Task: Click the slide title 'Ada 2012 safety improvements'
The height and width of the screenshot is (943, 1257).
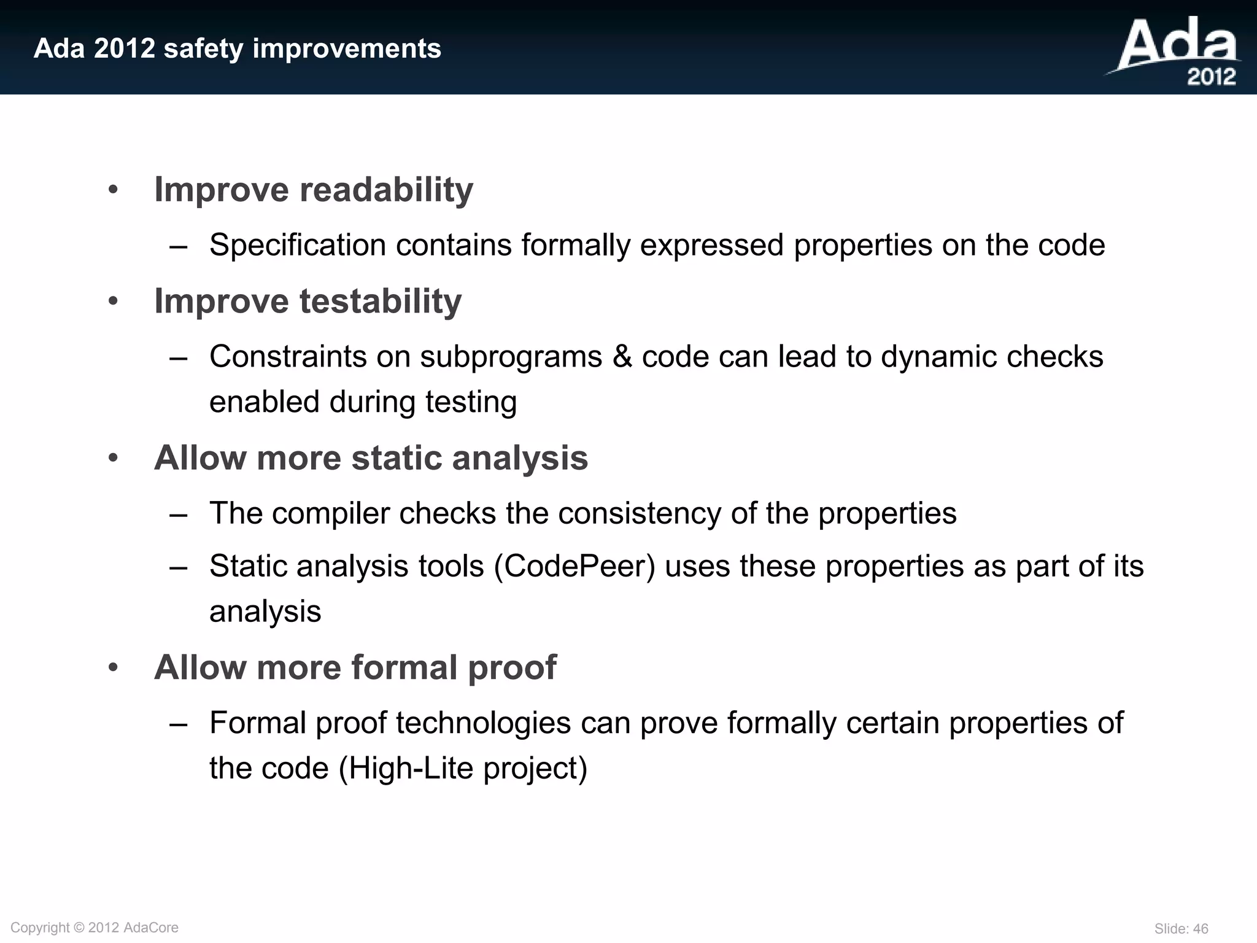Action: pos(237,49)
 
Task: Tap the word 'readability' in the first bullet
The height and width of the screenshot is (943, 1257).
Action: pos(386,190)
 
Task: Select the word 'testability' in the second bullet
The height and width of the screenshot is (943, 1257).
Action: pos(381,301)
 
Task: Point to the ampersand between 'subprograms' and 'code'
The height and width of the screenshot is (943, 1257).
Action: pos(622,357)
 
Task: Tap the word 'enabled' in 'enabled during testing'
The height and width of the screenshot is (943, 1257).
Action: pos(265,402)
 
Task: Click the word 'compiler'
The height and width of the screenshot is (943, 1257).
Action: pos(331,513)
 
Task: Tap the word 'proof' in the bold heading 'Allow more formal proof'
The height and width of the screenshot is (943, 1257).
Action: pos(512,667)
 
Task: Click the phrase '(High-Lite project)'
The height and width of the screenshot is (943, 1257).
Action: pos(463,769)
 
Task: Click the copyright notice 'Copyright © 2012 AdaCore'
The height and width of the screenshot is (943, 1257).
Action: pos(95,928)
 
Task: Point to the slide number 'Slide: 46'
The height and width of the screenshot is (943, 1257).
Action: pos(1181,929)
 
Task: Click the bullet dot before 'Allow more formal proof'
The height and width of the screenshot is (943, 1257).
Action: pos(113,667)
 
